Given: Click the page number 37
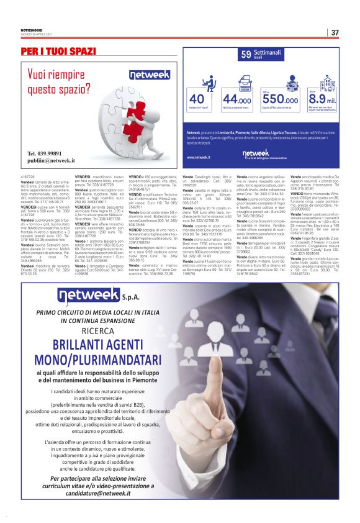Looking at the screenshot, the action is (335, 32).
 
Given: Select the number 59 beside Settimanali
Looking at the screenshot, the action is (246, 55).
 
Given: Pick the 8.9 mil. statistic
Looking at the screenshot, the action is (322, 99).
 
